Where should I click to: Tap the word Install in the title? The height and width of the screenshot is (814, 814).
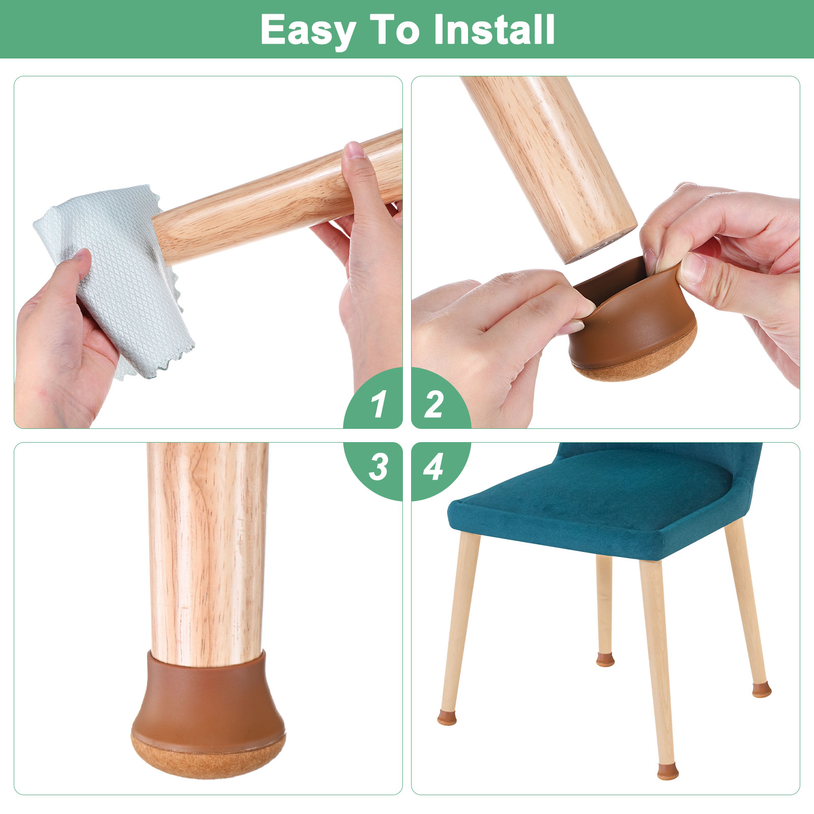(494, 30)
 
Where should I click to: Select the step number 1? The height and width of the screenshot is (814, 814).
(377, 405)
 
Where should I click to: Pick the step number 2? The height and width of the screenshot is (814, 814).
(433, 405)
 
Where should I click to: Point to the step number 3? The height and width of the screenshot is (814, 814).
(378, 467)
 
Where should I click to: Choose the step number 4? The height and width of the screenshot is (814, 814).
(433, 467)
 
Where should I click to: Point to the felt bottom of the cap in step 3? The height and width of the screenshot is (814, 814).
(209, 757)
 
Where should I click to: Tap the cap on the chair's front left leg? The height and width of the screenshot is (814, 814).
(447, 718)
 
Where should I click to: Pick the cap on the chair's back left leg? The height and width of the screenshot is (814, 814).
(605, 660)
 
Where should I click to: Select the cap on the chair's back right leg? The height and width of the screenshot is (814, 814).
(762, 690)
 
